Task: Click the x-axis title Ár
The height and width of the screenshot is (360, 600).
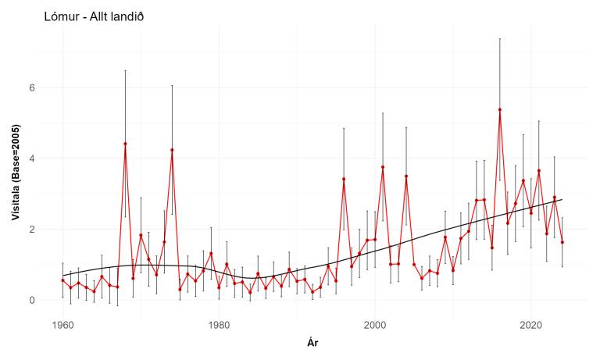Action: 313,342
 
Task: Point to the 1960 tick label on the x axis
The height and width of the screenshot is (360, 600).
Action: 62,324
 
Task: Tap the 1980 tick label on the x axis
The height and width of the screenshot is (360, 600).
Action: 219,324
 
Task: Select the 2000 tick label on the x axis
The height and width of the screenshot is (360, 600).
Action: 375,324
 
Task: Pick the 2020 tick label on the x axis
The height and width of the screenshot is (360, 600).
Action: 531,324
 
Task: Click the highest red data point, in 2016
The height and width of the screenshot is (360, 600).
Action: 500,109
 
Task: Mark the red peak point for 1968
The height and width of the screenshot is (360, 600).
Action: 125,144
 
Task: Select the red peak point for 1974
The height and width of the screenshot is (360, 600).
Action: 172,150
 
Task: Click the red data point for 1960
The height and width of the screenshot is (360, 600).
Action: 62,280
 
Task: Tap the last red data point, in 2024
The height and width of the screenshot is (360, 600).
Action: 562,242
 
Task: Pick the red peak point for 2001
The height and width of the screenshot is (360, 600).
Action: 383,167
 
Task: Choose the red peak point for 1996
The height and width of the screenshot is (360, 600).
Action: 344,179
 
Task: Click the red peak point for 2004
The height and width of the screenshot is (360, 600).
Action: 406,176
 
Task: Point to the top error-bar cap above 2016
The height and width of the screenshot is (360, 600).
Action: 500,38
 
